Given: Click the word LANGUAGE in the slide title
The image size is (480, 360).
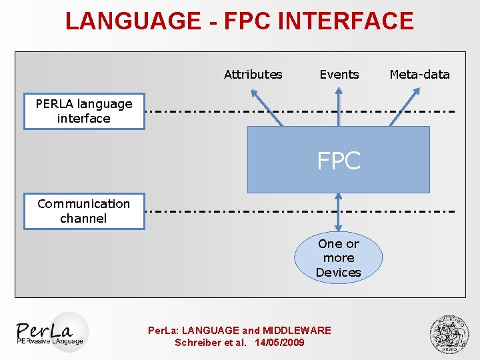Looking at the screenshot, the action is (133, 21).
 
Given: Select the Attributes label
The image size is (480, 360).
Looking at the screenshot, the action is (253, 75).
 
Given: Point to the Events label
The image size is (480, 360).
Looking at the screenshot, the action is (339, 75).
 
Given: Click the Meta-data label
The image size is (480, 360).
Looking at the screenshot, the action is (420, 75).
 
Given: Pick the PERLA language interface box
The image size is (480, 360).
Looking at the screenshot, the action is (84, 111).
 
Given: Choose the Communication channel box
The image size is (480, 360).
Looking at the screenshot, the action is (84, 211).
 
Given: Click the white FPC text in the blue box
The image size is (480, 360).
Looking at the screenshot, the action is (339, 160).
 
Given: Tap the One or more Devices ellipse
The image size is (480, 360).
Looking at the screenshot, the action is (338, 257).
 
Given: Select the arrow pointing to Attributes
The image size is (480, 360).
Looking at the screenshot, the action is (267, 107).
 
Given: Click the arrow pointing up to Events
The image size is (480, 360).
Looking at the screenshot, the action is (338, 107).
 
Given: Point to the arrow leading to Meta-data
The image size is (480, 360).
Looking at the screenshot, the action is (405, 107).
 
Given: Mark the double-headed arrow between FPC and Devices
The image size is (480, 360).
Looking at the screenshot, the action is (338, 212).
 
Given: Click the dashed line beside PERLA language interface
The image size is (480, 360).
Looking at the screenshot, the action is (300, 111).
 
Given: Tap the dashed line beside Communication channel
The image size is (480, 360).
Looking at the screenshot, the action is (300, 211).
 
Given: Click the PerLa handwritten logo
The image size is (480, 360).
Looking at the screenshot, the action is (45, 330).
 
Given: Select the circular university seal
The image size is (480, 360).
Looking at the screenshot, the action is (449, 334).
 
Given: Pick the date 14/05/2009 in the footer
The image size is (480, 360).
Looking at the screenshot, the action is (279, 342).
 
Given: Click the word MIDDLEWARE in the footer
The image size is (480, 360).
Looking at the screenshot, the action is (297, 330).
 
